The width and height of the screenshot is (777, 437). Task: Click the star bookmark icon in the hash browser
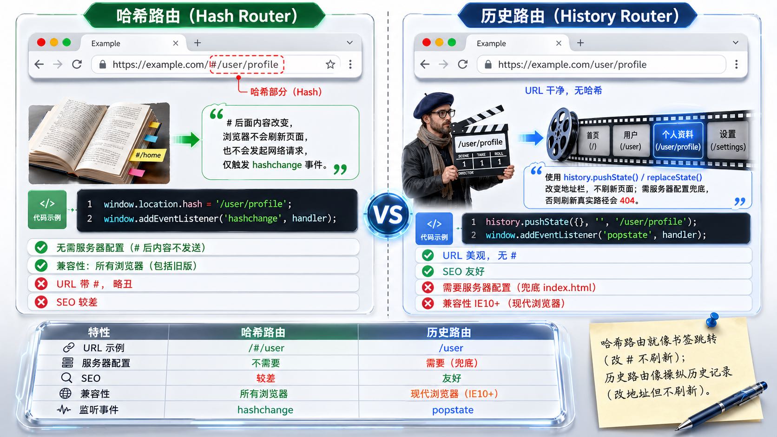pyautogui.click(x=330, y=65)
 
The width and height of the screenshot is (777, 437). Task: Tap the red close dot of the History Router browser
pyautogui.click(x=427, y=43)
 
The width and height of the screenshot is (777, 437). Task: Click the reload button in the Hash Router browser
pyautogui.click(x=77, y=65)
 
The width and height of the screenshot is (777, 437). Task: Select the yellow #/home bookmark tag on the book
pyautogui.click(x=148, y=155)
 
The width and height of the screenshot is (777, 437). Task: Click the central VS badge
pyautogui.click(x=388, y=215)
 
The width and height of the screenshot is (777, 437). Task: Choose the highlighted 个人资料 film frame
pyautogui.click(x=678, y=140)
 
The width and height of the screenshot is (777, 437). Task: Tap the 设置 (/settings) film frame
pyautogui.click(x=728, y=140)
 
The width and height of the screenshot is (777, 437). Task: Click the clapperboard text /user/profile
pyautogui.click(x=480, y=143)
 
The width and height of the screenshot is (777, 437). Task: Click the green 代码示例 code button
pyautogui.click(x=47, y=209)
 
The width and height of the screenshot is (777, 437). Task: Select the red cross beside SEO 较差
pyautogui.click(x=41, y=302)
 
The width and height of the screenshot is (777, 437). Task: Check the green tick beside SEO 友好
pyautogui.click(x=428, y=271)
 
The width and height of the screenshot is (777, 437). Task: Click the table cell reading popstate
pyautogui.click(x=453, y=410)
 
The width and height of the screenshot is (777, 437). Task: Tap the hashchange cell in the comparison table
pyautogui.click(x=265, y=410)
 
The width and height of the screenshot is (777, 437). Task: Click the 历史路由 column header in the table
pyautogui.click(x=449, y=333)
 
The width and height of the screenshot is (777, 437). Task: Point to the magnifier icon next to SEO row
pyautogui.click(x=67, y=378)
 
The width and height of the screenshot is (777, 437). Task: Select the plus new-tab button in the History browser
pyautogui.click(x=580, y=43)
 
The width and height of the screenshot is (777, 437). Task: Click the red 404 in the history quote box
pyautogui.click(x=627, y=201)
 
